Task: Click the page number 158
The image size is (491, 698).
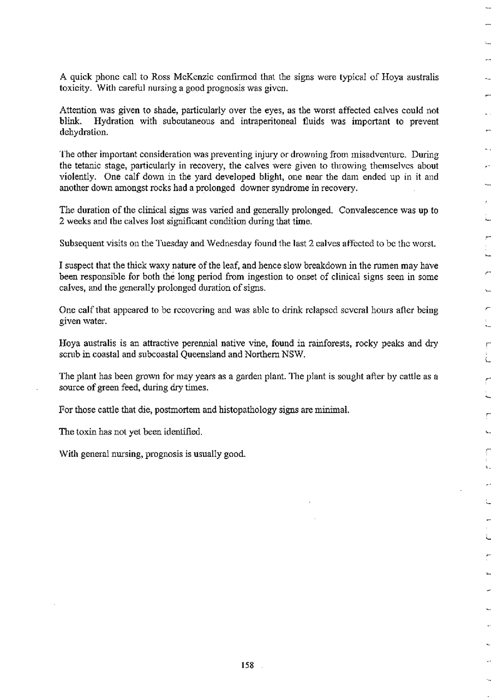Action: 247,665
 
